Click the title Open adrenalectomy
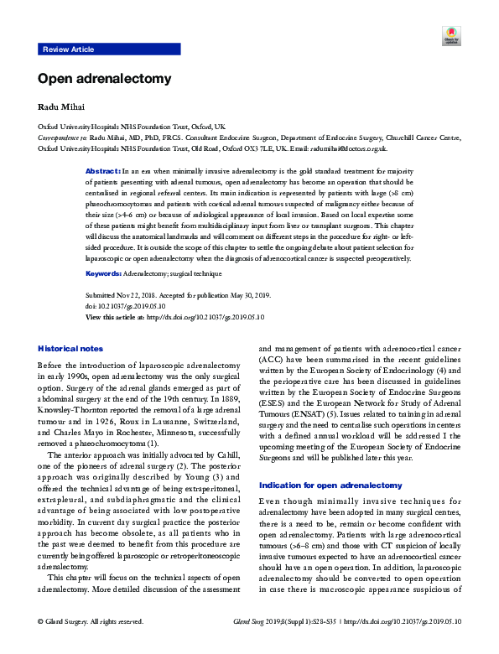coord(104,79)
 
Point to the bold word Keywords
coord(104,273)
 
